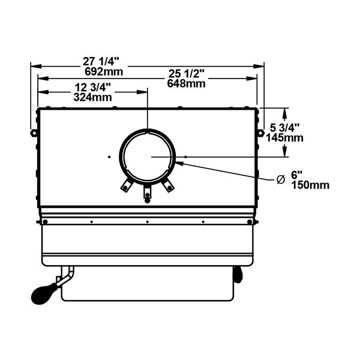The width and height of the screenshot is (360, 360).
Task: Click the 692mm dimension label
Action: coord(104,72)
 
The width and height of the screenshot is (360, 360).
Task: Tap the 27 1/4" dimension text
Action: coord(101,62)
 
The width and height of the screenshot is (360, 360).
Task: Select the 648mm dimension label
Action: coord(186,83)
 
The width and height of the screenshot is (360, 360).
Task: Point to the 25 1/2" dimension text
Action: coord(187,74)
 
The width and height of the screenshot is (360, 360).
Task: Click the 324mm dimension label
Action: coord(93,97)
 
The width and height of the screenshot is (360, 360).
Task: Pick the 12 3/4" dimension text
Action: coord(93,87)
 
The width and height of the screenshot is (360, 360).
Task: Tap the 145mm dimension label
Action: coord(284,138)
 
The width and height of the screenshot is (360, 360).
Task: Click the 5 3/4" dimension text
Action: coord(284,128)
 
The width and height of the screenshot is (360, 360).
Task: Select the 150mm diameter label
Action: coord(310,185)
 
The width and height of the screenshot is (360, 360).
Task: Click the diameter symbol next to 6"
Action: coord(281,179)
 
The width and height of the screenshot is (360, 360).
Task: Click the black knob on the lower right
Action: coord(238,274)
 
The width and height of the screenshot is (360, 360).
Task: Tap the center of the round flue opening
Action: coord(148,157)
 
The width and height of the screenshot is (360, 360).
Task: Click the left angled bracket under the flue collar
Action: coord(127,185)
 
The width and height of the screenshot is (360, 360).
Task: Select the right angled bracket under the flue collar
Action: coord(168,185)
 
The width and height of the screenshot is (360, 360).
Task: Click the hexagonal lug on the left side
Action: coord(34,133)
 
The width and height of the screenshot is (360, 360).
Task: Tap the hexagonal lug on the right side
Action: coord(260,133)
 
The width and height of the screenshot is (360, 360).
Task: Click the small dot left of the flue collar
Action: coord(109,157)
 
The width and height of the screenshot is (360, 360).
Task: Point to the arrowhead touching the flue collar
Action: coord(179,163)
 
